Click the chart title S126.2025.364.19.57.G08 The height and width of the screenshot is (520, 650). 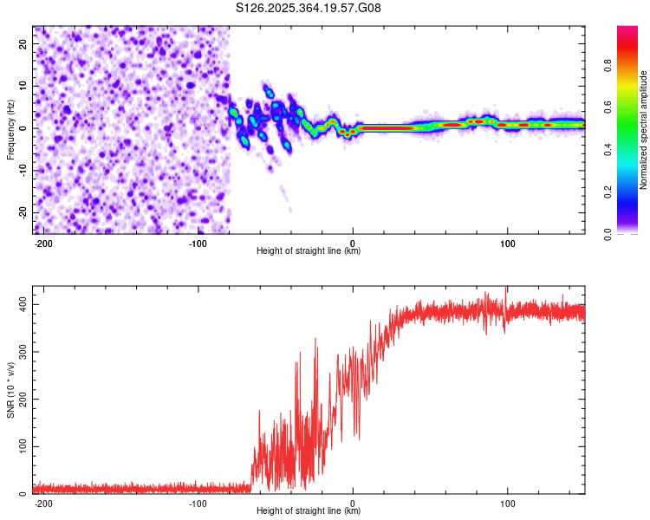pyautogui.click(x=309, y=9)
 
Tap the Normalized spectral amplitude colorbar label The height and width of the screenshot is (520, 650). pyautogui.click(x=644, y=130)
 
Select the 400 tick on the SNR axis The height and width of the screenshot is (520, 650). pyautogui.click(x=20, y=305)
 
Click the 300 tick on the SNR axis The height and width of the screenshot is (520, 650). pyautogui.click(x=20, y=353)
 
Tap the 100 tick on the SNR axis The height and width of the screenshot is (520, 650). pyautogui.click(x=20, y=447)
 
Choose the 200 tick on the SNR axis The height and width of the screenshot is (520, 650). pyautogui.click(x=20, y=400)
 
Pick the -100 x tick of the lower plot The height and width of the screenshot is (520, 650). pyautogui.click(x=198, y=503)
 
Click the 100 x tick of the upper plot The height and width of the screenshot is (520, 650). pyautogui.click(x=507, y=242)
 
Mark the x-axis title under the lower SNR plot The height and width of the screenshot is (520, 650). pyautogui.click(x=309, y=511)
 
